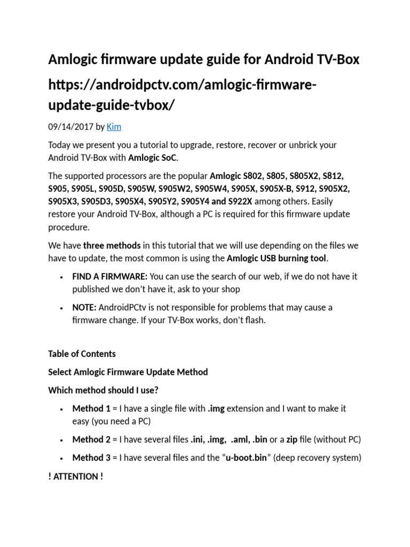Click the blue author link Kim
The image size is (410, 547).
coord(114,127)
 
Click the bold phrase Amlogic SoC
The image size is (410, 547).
coord(155,158)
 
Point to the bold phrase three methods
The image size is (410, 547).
coord(112,245)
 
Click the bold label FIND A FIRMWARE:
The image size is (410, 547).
coord(110,276)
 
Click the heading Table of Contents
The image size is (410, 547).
coord(82,354)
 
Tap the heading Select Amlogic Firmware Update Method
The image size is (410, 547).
coord(128,372)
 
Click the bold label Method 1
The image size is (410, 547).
coord(91,408)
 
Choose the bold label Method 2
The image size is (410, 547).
coord(91,440)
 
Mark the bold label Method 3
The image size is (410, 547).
coord(91,458)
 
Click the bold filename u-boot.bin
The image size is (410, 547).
coord(246,458)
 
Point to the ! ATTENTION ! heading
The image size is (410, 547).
coord(75,476)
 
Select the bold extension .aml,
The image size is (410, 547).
coord(241,440)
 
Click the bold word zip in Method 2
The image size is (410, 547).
coord(291,440)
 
